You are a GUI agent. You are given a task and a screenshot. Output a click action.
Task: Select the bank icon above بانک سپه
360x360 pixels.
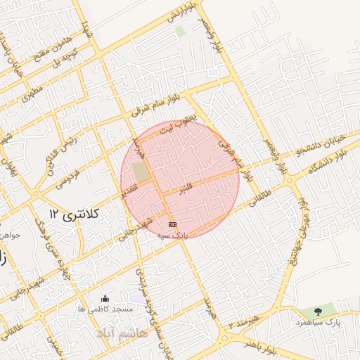173,224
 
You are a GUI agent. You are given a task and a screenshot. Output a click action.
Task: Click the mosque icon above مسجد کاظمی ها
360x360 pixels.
105,298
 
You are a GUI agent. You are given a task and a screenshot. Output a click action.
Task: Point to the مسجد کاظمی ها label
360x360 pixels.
105,309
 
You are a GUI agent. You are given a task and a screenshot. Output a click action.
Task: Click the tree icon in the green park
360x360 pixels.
318,311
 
